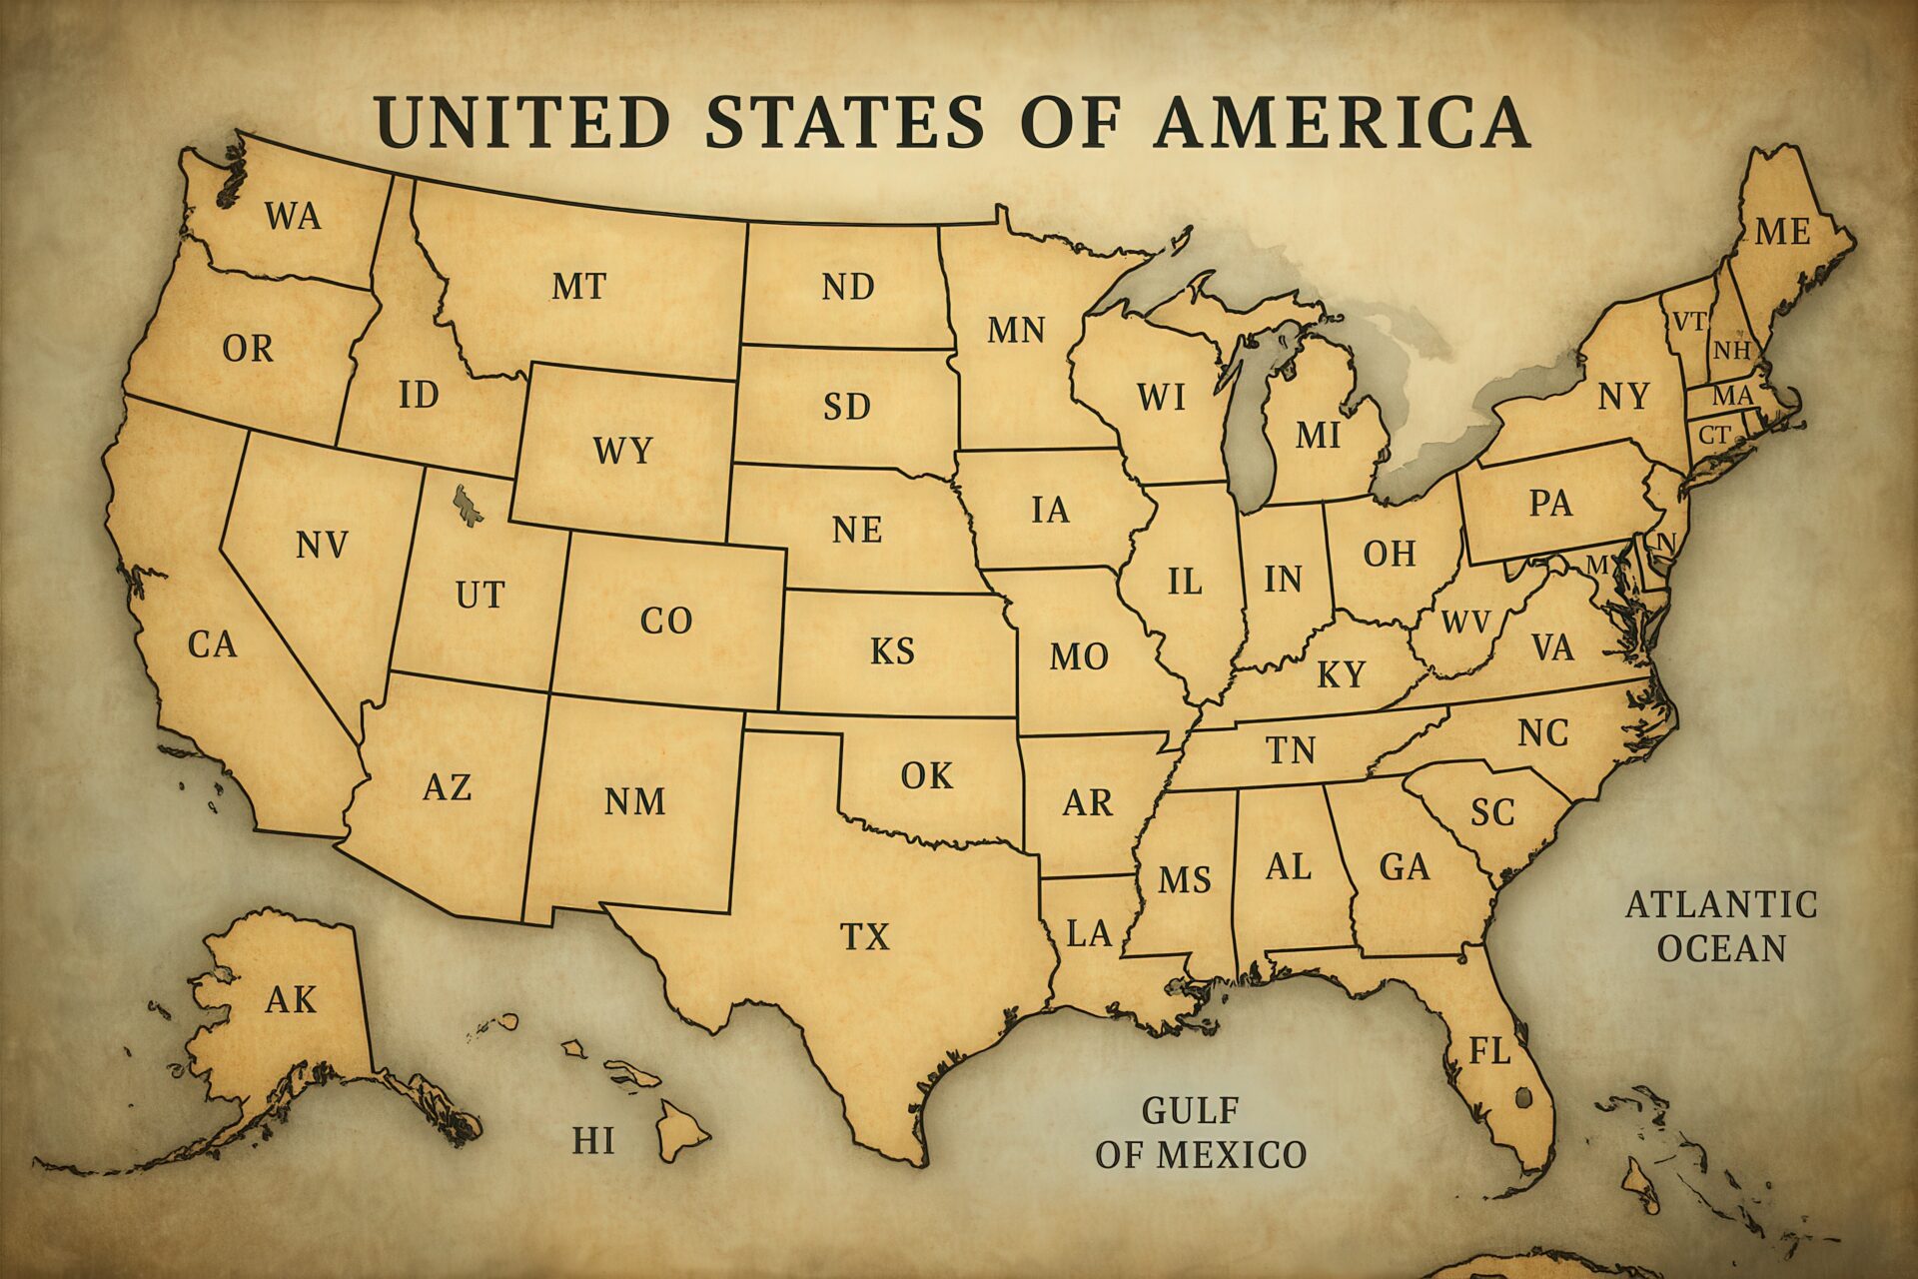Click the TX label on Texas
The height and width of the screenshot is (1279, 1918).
click(x=865, y=937)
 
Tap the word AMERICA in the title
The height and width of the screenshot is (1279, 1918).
click(x=1342, y=122)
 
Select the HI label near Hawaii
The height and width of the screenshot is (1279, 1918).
click(x=593, y=1140)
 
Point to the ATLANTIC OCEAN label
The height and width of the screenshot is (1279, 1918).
click(x=1721, y=926)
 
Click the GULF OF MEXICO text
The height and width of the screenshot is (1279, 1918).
click(x=1200, y=1133)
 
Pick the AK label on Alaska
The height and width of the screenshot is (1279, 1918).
click(x=291, y=999)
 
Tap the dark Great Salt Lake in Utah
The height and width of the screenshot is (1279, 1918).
click(x=466, y=504)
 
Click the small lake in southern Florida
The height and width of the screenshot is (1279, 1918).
click(x=1522, y=1098)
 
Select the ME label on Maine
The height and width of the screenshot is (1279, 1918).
click(x=1782, y=232)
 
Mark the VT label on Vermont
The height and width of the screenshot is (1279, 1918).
click(x=1689, y=322)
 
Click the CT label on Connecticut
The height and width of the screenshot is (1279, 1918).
click(x=1714, y=436)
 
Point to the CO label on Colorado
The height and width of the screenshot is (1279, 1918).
click(x=666, y=622)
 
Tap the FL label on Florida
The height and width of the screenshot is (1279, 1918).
click(x=1488, y=1051)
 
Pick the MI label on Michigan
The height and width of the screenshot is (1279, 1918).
click(x=1318, y=436)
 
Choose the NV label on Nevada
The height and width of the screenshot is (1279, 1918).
click(x=322, y=546)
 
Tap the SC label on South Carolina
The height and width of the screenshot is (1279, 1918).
click(x=1492, y=812)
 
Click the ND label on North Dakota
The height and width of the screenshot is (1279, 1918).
click(x=848, y=288)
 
